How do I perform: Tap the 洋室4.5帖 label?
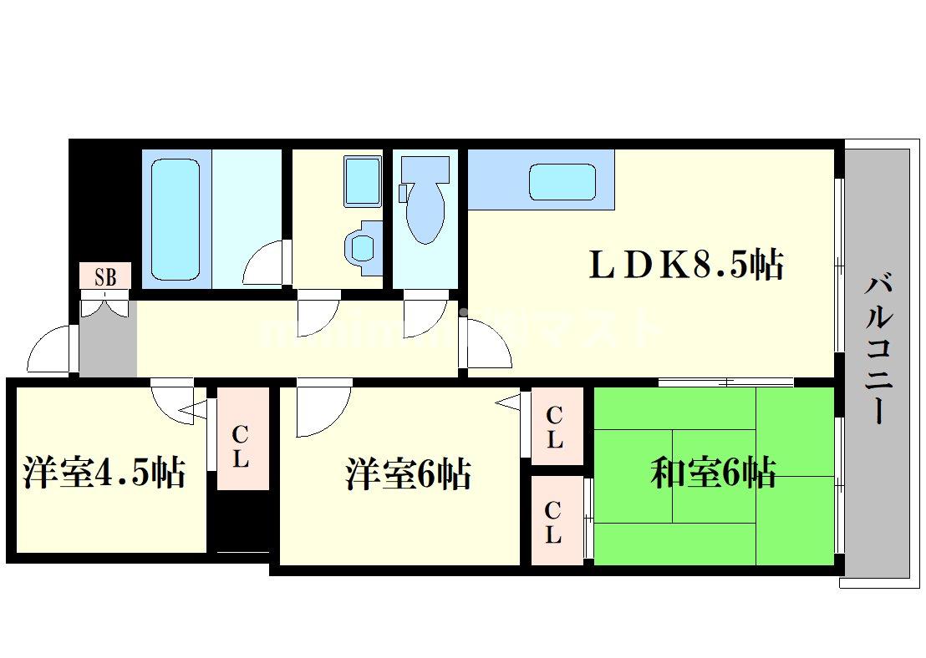[104, 473]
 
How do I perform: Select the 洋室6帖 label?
[409, 474]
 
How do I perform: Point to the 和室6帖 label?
[713, 473]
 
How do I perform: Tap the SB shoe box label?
[105, 276]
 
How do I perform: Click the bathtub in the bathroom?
[176, 218]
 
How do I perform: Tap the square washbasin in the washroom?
[362, 180]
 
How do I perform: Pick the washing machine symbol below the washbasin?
[362, 247]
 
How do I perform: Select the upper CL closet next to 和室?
[554, 428]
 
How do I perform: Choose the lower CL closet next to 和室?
[553, 521]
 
